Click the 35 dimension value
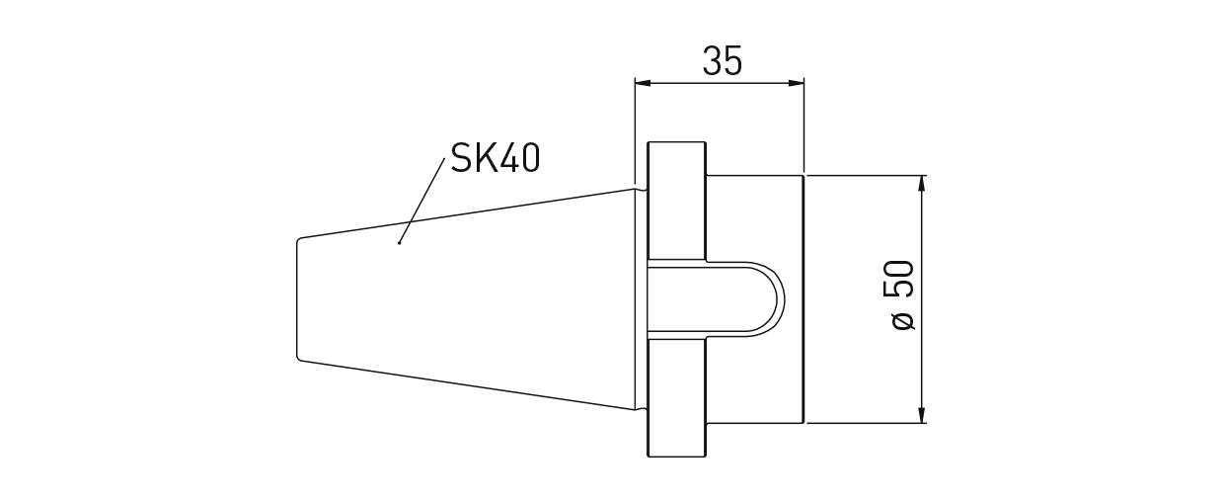pos(722,61)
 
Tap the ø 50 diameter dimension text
pos(903,296)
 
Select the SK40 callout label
pos(496,157)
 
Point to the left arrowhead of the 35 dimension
pos(642,83)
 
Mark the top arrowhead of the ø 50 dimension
pos(921,183)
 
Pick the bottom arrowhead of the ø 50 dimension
pos(921,414)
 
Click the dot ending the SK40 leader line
pos(399,241)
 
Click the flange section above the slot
pos(677,202)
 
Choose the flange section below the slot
pos(677,395)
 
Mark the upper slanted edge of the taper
pos(464,212)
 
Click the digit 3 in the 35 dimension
pos(713,61)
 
